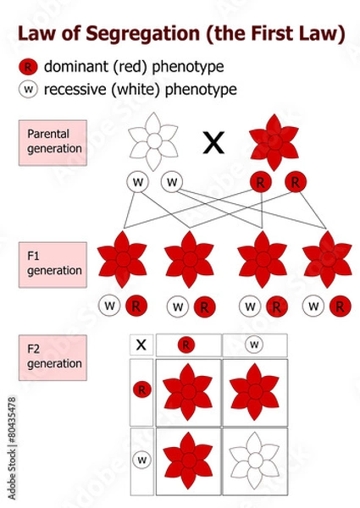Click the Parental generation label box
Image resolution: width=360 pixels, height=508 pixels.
click(53, 141)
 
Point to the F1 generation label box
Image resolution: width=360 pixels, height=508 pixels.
click(53, 264)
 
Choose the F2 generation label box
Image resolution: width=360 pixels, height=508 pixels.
click(53, 356)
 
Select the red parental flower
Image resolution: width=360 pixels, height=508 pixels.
click(274, 141)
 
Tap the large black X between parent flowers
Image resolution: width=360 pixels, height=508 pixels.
click(214, 144)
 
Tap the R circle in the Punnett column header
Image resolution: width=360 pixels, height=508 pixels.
click(186, 345)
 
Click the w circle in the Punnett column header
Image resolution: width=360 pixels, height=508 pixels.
click(254, 345)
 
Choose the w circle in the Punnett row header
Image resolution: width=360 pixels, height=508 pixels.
click(141, 460)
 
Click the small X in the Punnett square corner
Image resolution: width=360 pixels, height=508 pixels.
click(141, 345)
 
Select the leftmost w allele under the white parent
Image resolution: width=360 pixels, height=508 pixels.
click(136, 182)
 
